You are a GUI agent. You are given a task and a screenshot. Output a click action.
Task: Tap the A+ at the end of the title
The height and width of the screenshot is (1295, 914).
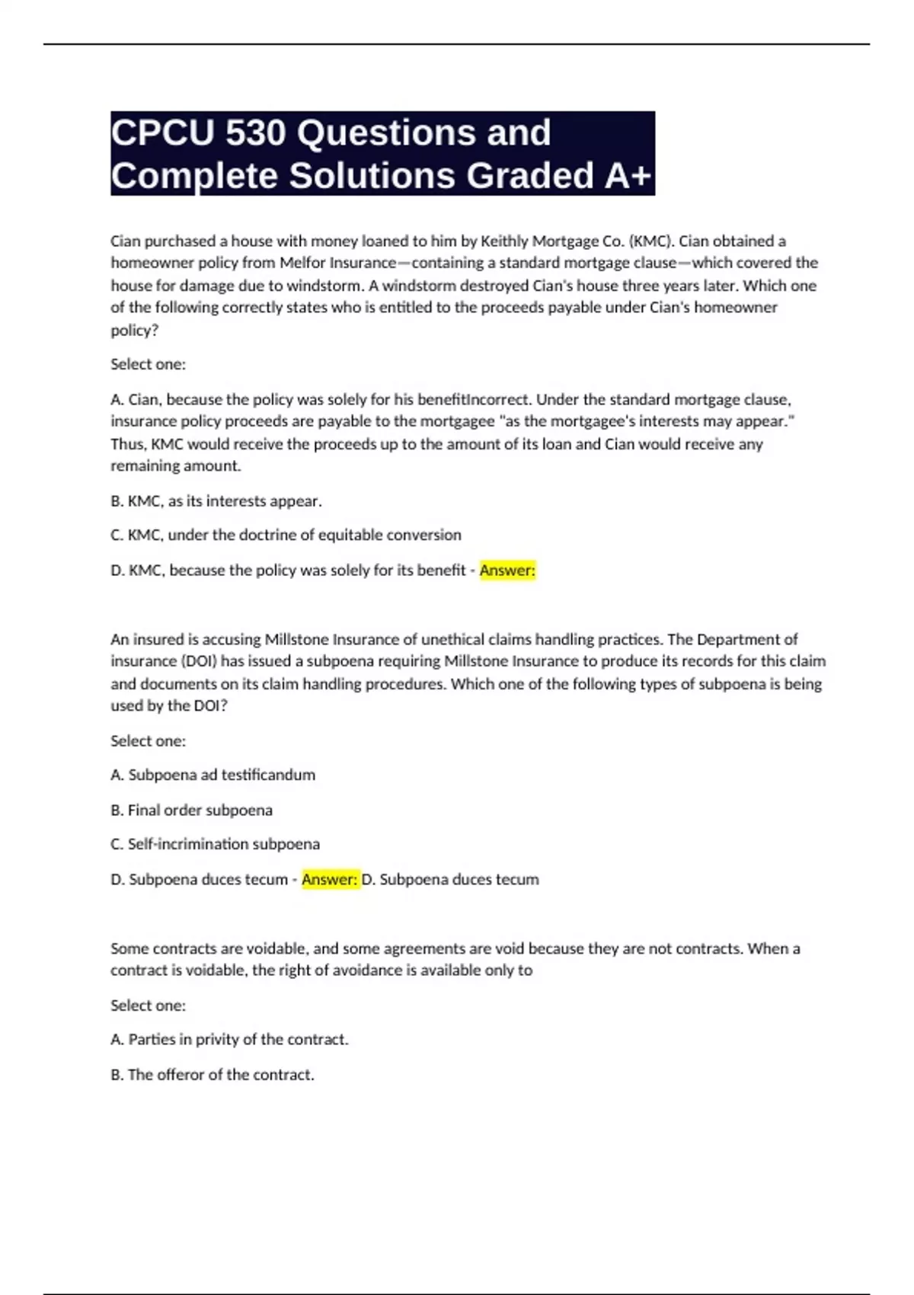pos(628,176)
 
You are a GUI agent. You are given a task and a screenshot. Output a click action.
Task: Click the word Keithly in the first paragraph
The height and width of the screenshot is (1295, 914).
pos(504,241)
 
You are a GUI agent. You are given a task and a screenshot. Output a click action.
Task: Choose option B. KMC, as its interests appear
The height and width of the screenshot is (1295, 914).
pos(216,501)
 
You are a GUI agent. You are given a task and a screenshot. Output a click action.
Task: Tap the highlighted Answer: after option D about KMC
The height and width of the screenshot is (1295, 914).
pos(507,571)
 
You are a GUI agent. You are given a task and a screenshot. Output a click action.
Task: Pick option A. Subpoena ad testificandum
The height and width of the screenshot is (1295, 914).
pos(213,775)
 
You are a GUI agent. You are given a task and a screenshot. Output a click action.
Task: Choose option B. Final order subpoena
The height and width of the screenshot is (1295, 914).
pos(192,811)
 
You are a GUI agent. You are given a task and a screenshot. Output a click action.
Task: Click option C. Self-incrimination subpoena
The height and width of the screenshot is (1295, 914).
pos(216,845)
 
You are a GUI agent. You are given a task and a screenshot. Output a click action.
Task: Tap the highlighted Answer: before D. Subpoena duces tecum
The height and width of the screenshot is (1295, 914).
pos(330,880)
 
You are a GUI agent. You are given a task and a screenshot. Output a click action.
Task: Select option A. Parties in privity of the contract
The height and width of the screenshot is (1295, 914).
pos(229,1040)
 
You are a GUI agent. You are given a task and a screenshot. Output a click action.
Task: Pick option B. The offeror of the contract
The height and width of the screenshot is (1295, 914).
pos(213,1075)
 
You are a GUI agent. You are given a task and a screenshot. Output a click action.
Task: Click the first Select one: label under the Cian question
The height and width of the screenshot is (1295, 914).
pos(149,365)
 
